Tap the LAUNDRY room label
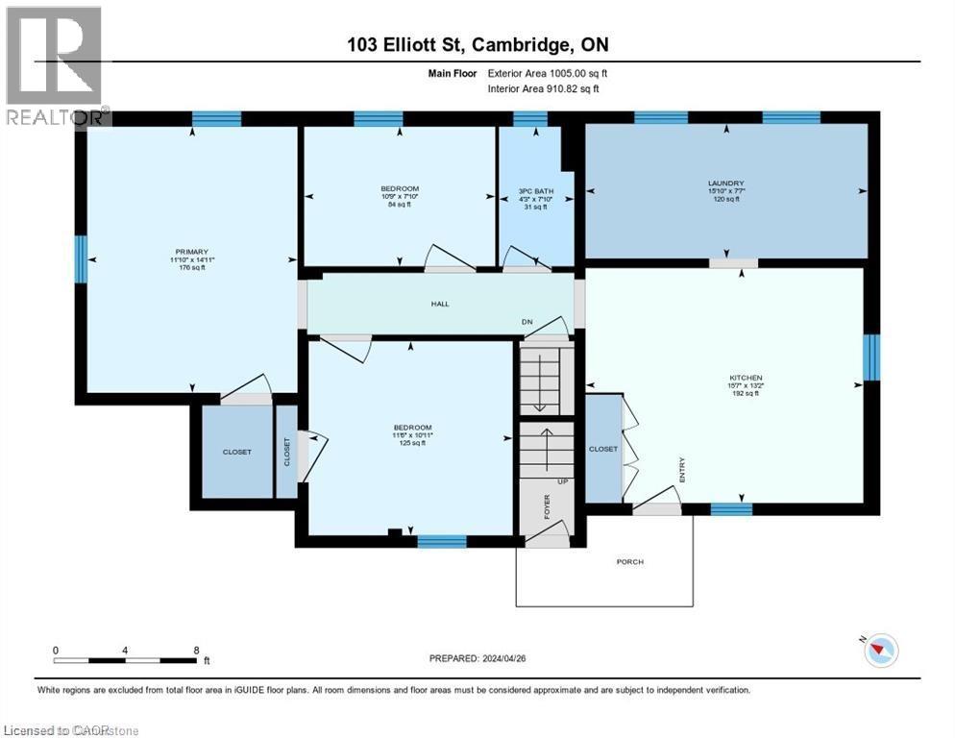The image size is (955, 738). point(725,183)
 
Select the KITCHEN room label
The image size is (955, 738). point(746,378)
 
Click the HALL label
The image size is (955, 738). point(439,304)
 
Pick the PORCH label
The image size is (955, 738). point(630,562)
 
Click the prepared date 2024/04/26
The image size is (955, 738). point(478,658)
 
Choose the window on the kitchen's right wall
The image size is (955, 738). point(871,357)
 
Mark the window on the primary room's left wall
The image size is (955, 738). point(81,257)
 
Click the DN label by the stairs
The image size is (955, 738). point(526,322)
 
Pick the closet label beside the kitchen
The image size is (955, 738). point(603,449)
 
